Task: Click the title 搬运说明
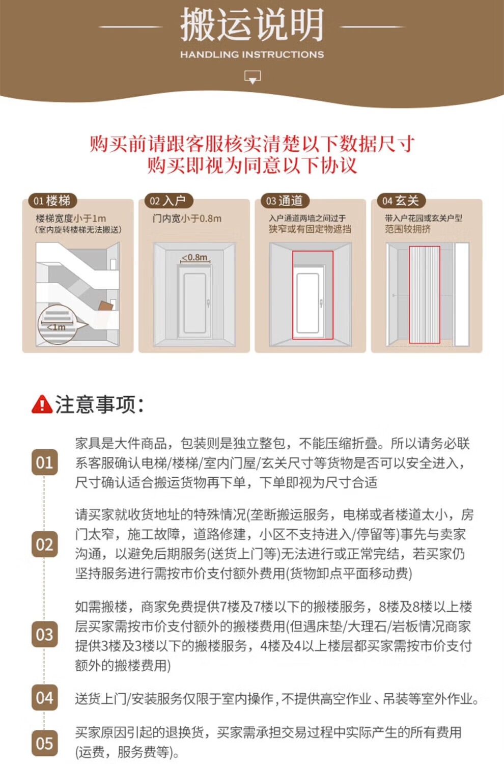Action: tap(252, 24)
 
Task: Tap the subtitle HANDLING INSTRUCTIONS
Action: tap(252, 54)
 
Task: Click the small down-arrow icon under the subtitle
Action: tap(253, 77)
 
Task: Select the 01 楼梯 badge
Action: tap(52, 201)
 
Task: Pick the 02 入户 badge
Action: tap(169, 201)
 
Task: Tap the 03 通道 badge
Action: tap(285, 201)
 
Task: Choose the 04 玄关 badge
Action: tap(401, 201)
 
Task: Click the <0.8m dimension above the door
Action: tap(194, 258)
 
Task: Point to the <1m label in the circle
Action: tap(57, 327)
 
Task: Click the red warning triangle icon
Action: tap(42, 404)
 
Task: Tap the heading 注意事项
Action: tap(99, 404)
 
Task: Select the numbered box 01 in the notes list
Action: tap(45, 462)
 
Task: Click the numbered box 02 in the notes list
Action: tap(45, 544)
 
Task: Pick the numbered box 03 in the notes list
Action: tap(45, 635)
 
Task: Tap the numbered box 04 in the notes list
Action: tap(45, 697)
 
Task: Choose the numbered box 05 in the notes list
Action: tap(45, 743)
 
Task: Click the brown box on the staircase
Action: tap(105, 306)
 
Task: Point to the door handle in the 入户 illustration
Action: tap(208, 303)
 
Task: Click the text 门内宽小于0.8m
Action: tap(187, 219)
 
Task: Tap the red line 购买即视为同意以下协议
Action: tap(252, 166)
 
